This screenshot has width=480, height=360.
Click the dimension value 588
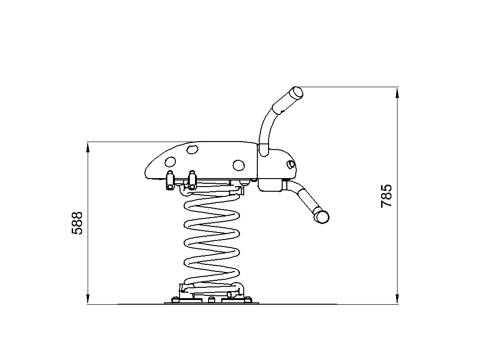(77, 223)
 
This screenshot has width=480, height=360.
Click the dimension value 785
(386, 196)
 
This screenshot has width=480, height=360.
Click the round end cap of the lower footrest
(322, 217)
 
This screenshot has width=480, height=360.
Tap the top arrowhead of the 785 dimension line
(397, 92)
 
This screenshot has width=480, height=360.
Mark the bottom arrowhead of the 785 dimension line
(397, 299)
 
